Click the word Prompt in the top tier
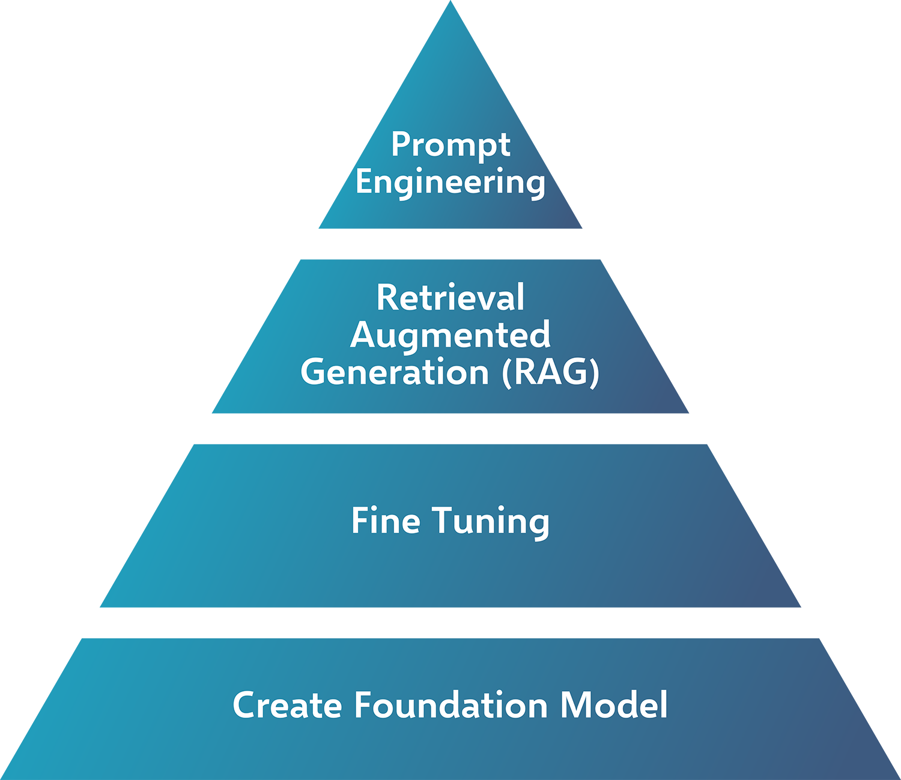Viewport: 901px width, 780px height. pyautogui.click(x=450, y=145)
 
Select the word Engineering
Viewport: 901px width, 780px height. pyautogui.click(x=450, y=183)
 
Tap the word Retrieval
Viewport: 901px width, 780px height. pyautogui.click(x=450, y=298)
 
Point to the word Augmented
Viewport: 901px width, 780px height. pyautogui.click(x=450, y=335)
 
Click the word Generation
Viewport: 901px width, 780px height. pyautogui.click(x=395, y=372)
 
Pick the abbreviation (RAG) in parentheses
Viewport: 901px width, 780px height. pyautogui.click(x=551, y=372)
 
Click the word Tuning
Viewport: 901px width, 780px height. pyautogui.click(x=491, y=521)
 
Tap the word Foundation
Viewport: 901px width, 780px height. pyautogui.click(x=450, y=705)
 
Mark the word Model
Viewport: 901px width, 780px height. pyautogui.click(x=613, y=705)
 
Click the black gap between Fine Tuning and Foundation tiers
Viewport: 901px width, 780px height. pyautogui.click(x=450, y=626)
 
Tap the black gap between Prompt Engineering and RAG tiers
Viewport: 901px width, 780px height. pyautogui.click(x=450, y=245)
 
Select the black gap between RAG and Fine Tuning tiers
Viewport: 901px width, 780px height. pyautogui.click(x=450, y=433)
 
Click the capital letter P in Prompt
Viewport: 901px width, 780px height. pyautogui.click(x=401, y=145)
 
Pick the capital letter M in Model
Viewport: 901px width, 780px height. pyautogui.click(x=575, y=705)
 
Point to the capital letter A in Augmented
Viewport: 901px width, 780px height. pyautogui.click(x=362, y=335)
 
